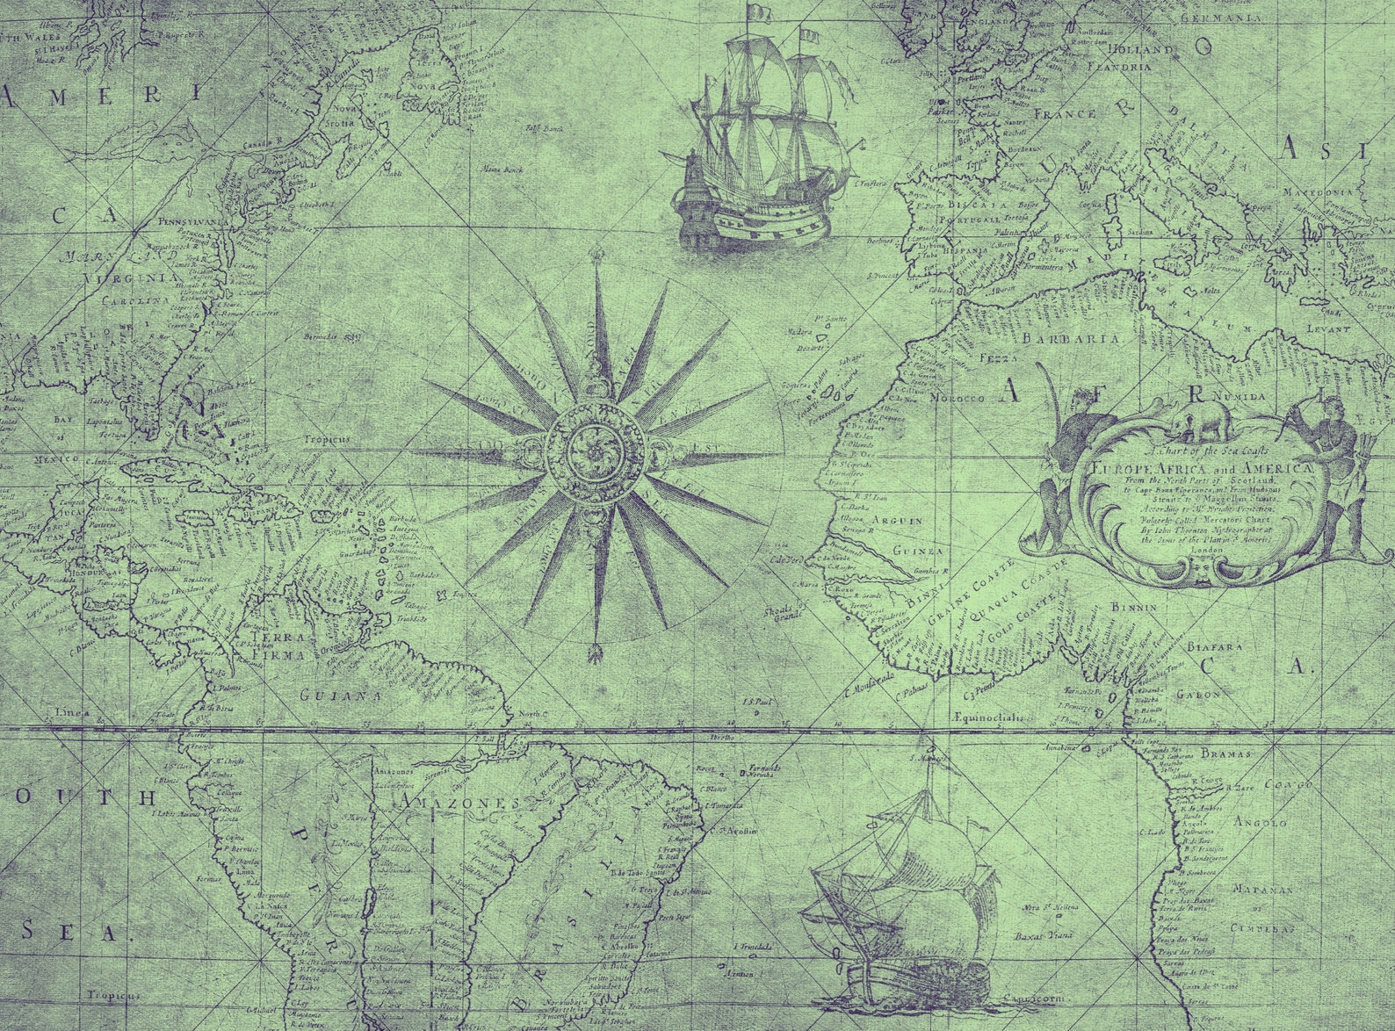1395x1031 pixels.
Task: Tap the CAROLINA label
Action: point(133,301)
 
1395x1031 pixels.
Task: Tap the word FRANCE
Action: point(1064,114)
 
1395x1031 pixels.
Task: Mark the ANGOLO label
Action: point(1261,823)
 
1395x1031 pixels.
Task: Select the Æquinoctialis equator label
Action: point(988,717)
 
